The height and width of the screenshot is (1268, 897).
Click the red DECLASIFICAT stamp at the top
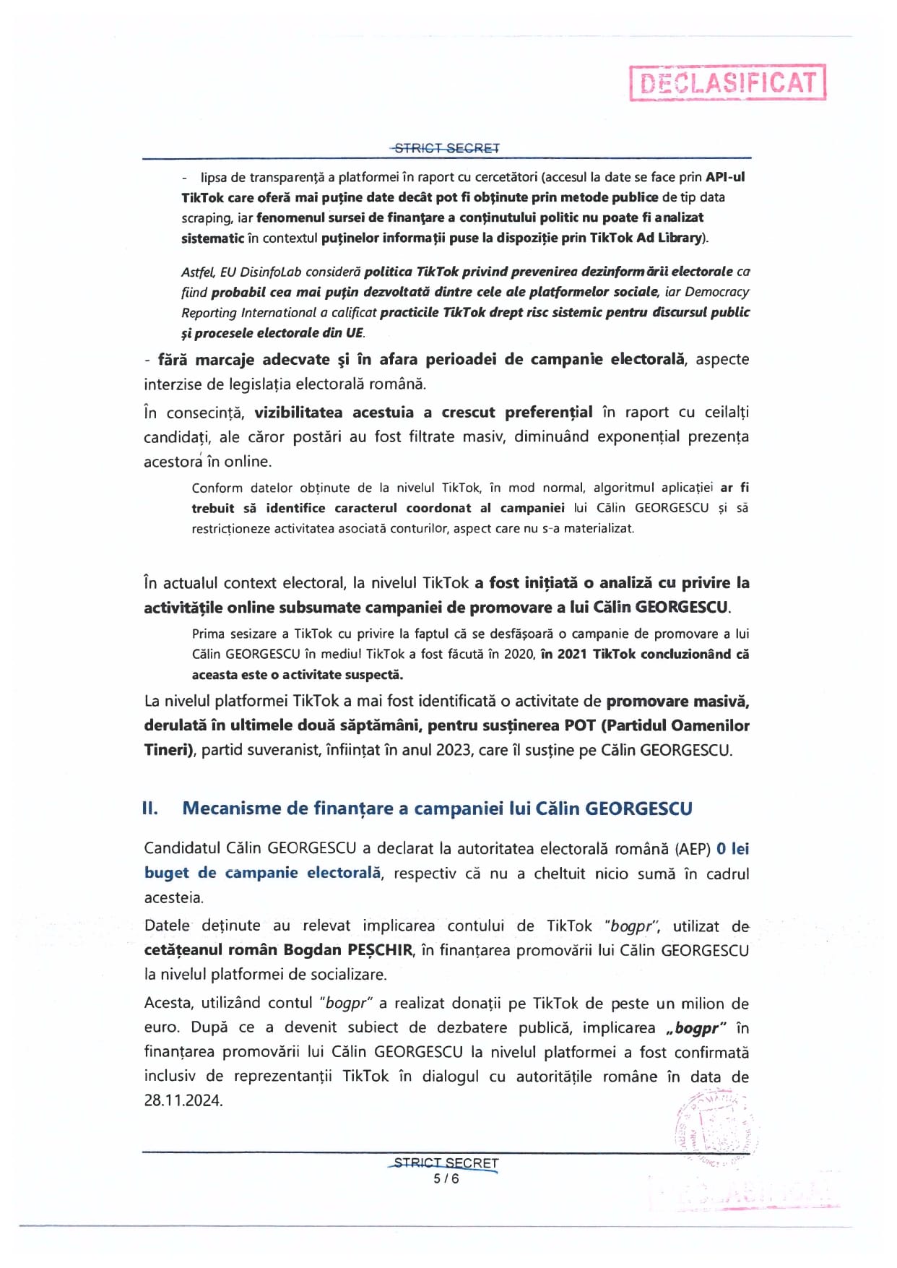pos(727,83)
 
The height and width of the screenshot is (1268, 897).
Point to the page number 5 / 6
pos(446,1178)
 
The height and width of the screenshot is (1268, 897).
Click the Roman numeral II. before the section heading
pos(150,808)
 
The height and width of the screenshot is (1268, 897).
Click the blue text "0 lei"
pos(732,848)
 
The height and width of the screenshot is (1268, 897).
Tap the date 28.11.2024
pos(183,1100)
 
